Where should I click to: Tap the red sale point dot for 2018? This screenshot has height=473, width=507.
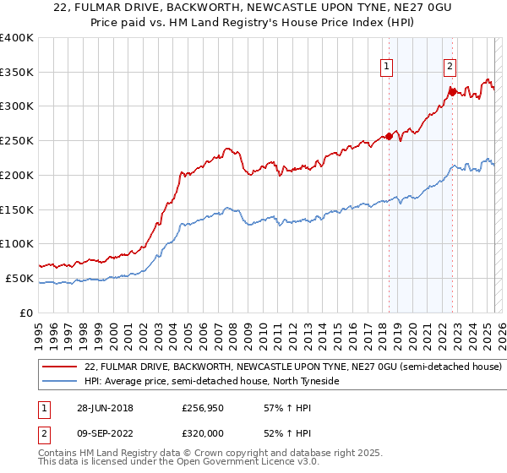pos(389,135)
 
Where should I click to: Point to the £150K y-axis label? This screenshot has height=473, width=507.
pos(16,209)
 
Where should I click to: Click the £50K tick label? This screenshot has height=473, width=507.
pos(19,278)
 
